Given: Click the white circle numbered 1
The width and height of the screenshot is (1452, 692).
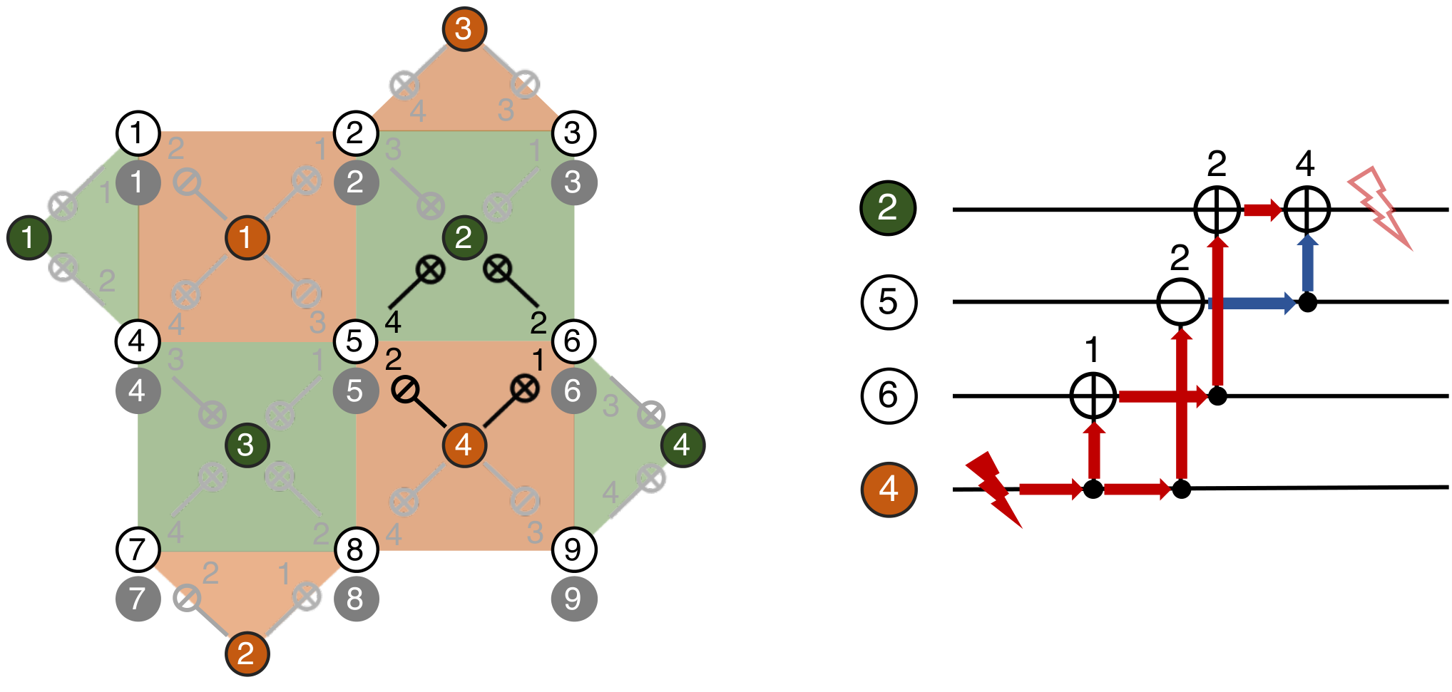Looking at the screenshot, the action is tap(138, 133).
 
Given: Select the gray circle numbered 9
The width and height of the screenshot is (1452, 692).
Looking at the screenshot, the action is tap(573, 599).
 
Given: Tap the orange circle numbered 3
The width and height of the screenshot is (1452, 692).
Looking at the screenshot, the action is tap(464, 29).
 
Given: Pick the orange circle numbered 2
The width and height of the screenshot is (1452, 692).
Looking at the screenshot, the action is tap(247, 653).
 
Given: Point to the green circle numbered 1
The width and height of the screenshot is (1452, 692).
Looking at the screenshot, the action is tap(29, 237).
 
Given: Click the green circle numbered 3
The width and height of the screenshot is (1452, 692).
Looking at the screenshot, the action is tap(247, 445).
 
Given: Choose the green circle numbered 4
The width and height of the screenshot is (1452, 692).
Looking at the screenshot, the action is tap(682, 445).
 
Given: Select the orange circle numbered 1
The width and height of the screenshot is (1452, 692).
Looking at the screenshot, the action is tap(247, 237).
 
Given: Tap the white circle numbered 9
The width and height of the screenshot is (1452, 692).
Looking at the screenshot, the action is tap(573, 549).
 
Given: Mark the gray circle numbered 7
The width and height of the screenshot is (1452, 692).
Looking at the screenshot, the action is tap(138, 599).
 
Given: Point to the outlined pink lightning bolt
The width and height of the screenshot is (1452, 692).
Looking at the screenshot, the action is tap(1379, 207).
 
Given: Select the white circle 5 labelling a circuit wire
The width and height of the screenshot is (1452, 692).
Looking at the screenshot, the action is tap(889, 301).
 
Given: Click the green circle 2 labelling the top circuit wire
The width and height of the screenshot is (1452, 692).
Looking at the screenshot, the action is tap(889, 208).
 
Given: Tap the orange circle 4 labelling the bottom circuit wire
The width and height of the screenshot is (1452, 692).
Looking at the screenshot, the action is tap(889, 489).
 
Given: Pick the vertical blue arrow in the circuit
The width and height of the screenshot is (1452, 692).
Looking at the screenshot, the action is tap(1307, 262).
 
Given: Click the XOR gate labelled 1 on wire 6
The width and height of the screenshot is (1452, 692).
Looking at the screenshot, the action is tap(1093, 396).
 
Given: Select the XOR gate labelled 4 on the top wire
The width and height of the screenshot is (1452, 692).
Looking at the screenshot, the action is tap(1307, 210).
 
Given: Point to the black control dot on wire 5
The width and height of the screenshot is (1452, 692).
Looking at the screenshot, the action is tap(1307, 302).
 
